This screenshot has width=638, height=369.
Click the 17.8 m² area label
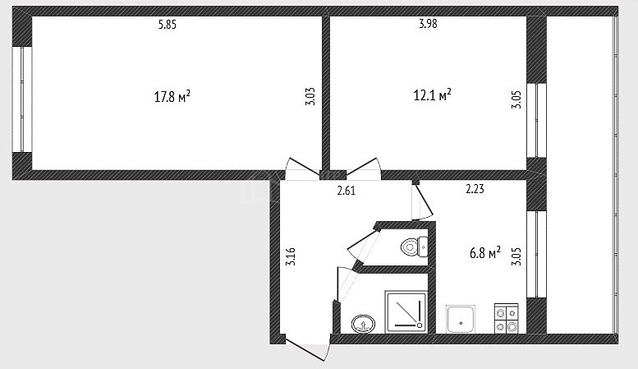(172, 97)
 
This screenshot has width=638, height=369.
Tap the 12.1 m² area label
(432, 95)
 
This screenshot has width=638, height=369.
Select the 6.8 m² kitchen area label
(485, 253)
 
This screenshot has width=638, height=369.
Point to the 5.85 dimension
(168, 25)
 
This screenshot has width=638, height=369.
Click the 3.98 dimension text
(428, 24)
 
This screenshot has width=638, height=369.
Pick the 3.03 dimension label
(310, 96)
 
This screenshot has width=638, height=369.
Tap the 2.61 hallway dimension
(347, 191)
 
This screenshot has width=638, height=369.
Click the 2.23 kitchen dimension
(475, 189)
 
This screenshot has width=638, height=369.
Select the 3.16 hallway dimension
(291, 257)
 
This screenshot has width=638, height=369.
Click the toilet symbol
(414, 247)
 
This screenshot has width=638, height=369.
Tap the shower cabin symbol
(406, 311)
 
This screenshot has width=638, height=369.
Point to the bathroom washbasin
(363, 324)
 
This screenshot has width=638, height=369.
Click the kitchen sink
(461, 319)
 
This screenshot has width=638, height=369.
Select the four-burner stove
(506, 319)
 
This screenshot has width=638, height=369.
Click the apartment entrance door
(306, 347)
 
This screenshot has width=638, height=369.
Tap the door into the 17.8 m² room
(303, 168)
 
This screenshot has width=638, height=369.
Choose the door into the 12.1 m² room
(363, 168)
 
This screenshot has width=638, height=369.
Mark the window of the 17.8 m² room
(22, 99)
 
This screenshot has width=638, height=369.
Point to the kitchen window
(537, 254)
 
